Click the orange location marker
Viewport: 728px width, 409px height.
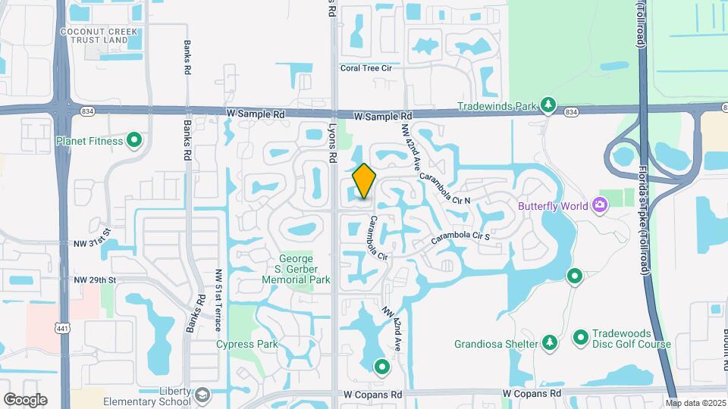(364, 182)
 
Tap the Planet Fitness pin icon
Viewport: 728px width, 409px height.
(134, 139)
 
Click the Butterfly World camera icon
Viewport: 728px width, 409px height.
(599, 204)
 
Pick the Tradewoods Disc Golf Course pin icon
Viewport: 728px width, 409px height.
(581, 336)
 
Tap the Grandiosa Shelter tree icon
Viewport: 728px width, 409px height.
(548, 343)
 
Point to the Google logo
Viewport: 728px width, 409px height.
(25, 399)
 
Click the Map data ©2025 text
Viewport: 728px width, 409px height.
(695, 403)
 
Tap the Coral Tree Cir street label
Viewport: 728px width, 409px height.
(366, 67)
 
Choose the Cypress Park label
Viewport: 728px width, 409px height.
(246, 344)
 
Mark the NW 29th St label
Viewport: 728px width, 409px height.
(95, 280)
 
